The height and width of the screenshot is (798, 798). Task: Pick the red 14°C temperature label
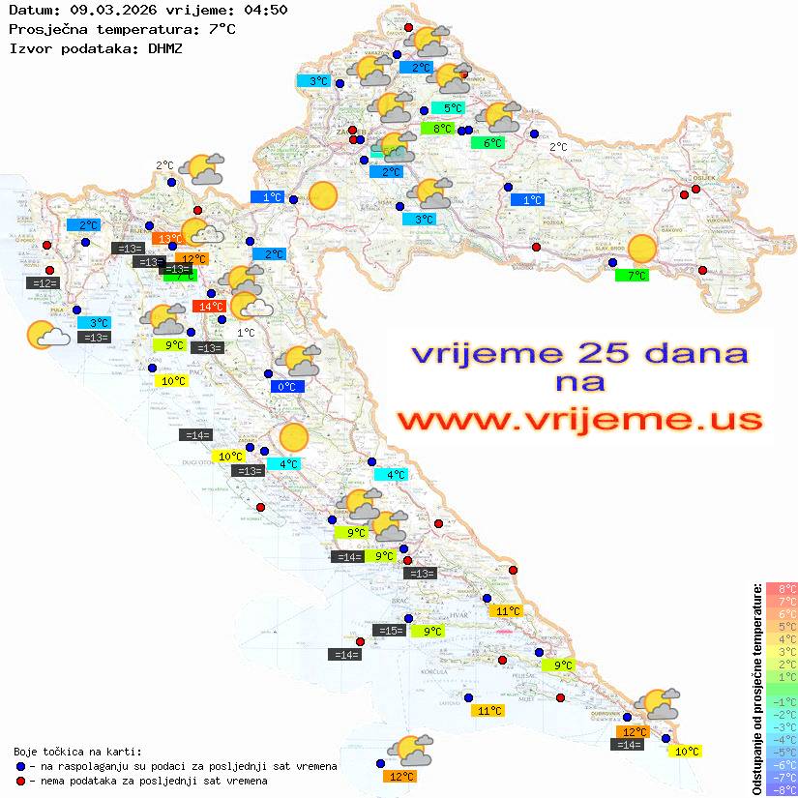[x=209, y=307]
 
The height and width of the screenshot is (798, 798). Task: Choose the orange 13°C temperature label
[x=168, y=238]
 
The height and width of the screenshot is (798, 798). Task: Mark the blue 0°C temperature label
[x=287, y=387]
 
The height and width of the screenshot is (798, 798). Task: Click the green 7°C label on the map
[x=633, y=276]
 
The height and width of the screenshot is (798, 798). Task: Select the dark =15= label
[x=389, y=631]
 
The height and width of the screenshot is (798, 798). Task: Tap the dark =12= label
[x=44, y=283]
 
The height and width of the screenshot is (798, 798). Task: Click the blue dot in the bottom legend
[x=20, y=766]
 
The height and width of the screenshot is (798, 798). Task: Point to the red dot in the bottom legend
[x=20, y=781]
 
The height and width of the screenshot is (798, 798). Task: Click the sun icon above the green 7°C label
[x=641, y=250]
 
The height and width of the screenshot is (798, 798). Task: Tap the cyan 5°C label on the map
[x=448, y=108]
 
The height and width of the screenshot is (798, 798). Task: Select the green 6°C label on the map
[x=487, y=143]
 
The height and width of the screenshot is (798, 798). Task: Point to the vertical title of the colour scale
[x=756, y=689]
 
